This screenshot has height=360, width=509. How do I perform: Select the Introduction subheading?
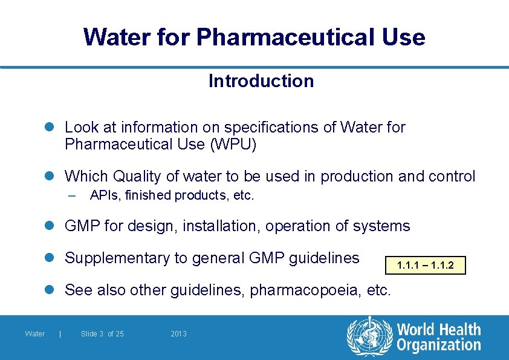point(261,81)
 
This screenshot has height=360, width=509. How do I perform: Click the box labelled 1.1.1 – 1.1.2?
point(426,265)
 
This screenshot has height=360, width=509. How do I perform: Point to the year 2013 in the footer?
point(179,334)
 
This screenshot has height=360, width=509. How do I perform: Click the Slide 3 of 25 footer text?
point(102,334)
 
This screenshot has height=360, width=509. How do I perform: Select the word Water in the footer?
point(35,334)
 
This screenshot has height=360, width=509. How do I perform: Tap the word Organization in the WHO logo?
point(439,345)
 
